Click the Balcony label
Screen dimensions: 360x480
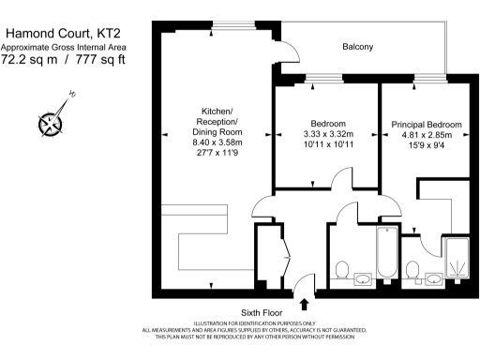point(357,46)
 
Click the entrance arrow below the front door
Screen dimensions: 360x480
point(304,303)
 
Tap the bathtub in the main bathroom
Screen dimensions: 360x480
point(386,253)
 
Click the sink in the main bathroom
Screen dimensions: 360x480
point(363,277)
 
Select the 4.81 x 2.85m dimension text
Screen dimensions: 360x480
point(427,135)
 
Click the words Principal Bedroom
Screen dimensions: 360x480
point(427,124)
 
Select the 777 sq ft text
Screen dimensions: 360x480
point(98,60)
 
